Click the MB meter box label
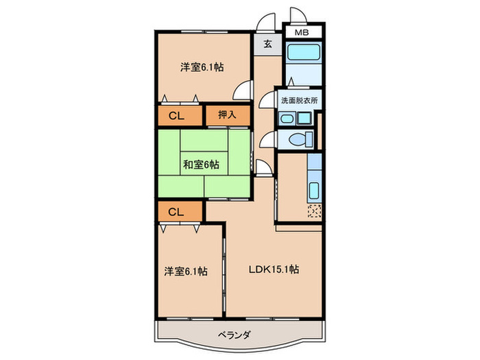pos(302,33)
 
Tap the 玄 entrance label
pos(267,45)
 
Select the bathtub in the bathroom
pos(300,54)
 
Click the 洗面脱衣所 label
pos(300,101)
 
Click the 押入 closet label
pos(227,115)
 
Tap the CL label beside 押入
pos(176,115)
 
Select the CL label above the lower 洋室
pos(176,212)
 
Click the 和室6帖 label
pos(201,165)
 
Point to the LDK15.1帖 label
pos(273,269)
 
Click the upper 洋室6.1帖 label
pos(202,67)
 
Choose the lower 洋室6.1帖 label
pos(185,271)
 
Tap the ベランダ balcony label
pos(238,335)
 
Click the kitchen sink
pos(315,190)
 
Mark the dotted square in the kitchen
pos(315,212)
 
